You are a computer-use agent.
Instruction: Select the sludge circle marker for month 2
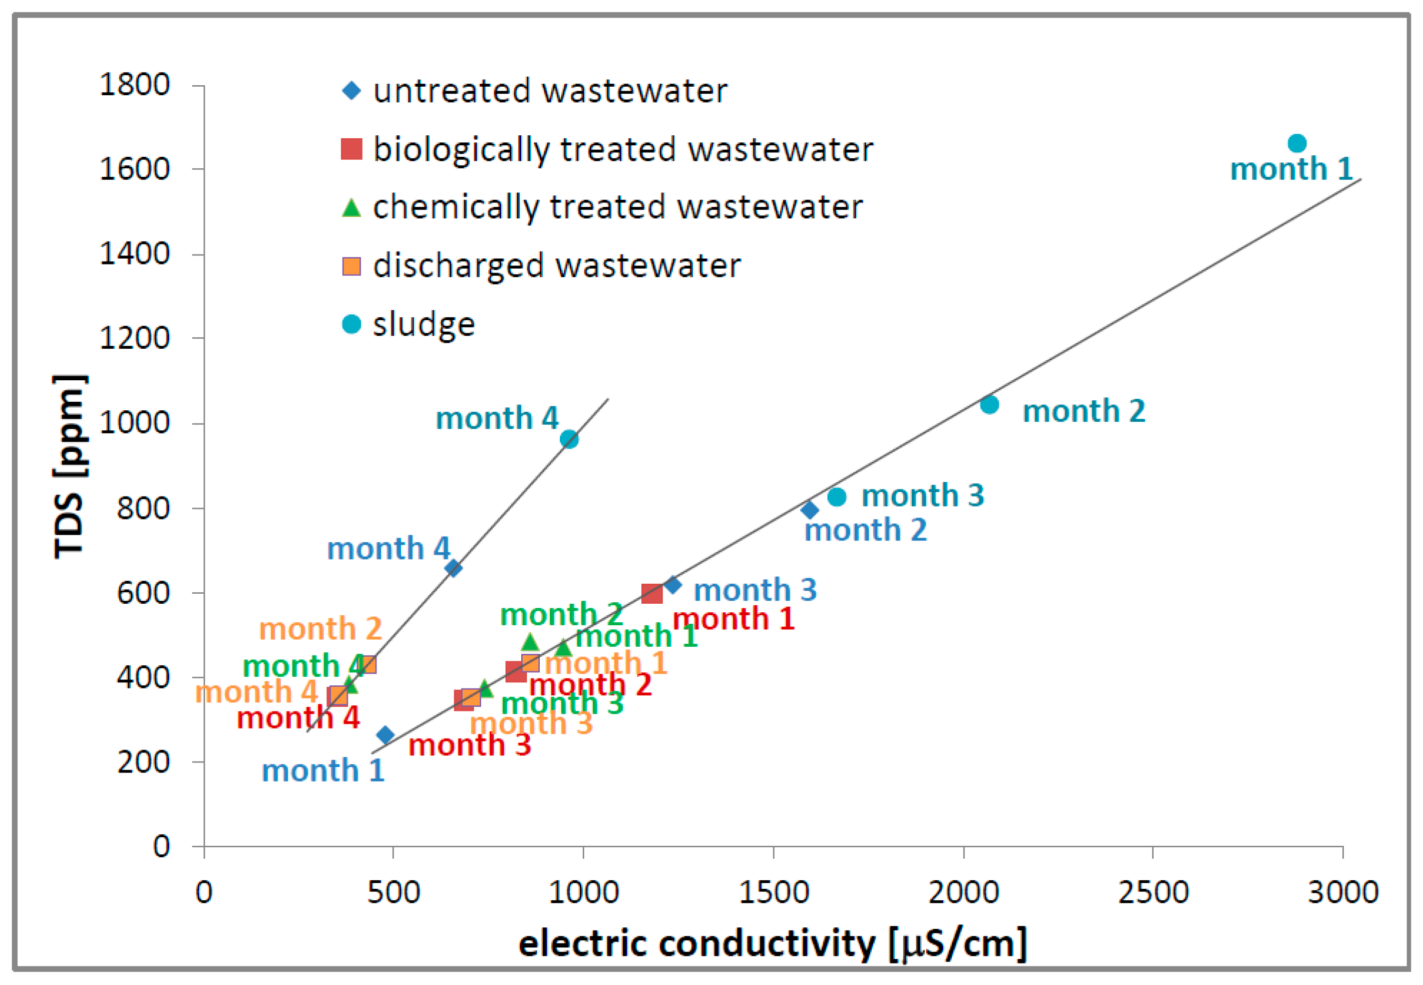tap(989, 405)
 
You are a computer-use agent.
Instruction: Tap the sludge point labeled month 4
tap(569, 439)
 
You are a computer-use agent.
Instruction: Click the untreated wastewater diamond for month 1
tap(385, 735)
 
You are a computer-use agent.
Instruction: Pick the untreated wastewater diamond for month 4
tap(453, 568)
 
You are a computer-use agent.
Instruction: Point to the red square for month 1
tap(652, 594)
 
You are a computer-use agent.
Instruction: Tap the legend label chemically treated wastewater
tap(617, 207)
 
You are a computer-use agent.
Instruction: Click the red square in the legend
tap(351, 149)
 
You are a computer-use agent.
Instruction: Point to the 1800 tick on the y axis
tap(135, 85)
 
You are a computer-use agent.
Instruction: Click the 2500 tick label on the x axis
tap(1152, 892)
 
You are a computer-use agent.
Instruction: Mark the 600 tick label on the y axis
tap(143, 593)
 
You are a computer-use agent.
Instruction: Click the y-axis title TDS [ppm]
tap(69, 466)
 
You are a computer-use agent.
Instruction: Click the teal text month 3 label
tap(922, 496)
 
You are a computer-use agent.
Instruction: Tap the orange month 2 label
tap(320, 629)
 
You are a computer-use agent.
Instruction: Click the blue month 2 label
tap(865, 530)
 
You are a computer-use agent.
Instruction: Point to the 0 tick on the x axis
tap(204, 892)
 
